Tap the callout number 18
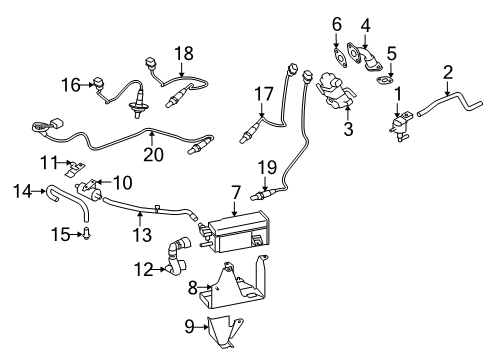[182, 52]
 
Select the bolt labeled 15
[87, 236]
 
